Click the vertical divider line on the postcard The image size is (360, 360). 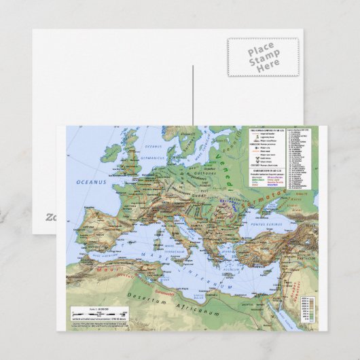193,94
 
